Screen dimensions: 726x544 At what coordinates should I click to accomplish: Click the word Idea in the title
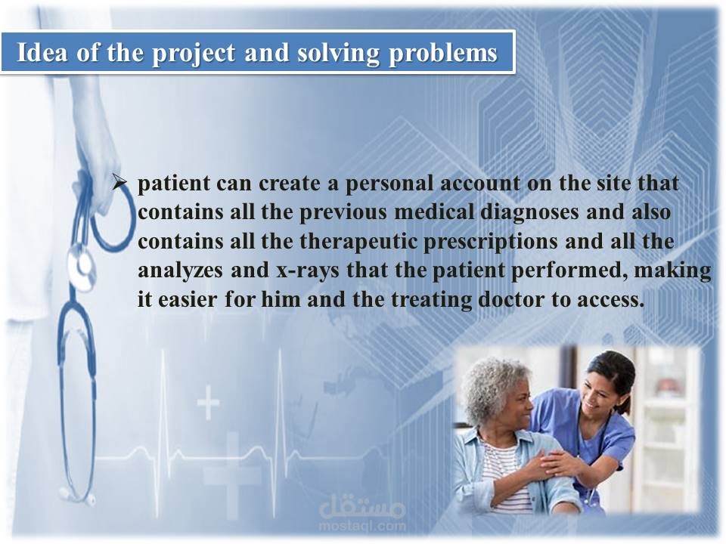tap(42, 52)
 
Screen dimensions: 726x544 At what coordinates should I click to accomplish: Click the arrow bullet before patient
tap(120, 182)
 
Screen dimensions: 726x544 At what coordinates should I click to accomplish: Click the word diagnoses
tap(529, 213)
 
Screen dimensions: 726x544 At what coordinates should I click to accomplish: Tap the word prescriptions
tap(490, 243)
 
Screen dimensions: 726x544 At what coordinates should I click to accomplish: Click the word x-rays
tap(308, 271)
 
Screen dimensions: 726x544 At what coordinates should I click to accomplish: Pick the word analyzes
tap(180, 271)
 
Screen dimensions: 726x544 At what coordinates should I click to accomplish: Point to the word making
tap(672, 271)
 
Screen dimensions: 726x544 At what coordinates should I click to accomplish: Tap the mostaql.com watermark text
tap(362, 526)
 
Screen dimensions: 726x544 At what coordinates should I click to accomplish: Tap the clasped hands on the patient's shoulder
tap(554, 462)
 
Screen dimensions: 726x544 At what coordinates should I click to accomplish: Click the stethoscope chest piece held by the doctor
tap(82, 268)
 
